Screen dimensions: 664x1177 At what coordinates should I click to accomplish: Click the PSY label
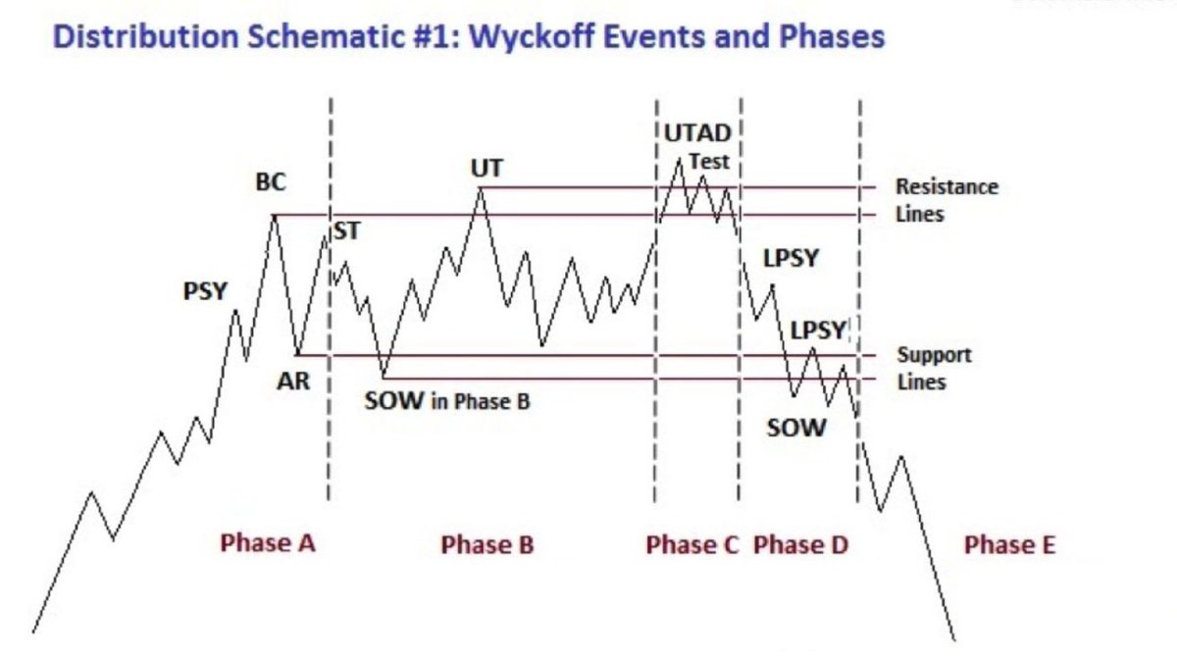(206, 291)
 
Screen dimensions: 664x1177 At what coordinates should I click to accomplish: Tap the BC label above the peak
(271, 182)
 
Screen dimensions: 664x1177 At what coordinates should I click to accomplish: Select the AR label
(293, 382)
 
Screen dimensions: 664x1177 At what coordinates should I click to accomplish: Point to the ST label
(346, 231)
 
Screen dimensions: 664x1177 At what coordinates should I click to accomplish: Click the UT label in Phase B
(486, 169)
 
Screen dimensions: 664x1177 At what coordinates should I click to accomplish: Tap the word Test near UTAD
(709, 161)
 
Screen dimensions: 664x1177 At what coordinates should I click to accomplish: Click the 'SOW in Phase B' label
(447, 401)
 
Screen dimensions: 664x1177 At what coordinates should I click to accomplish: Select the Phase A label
(268, 542)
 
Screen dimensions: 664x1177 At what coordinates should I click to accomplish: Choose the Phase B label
(487, 544)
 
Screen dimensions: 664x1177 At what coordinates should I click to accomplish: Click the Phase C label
(692, 544)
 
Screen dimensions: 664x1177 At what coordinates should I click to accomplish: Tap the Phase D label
(800, 544)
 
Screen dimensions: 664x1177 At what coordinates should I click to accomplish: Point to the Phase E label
(1009, 544)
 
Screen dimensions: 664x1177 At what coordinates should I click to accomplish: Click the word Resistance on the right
(947, 186)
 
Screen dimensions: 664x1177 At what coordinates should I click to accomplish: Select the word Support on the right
(934, 355)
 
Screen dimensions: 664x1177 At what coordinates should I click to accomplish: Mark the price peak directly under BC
(274, 215)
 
